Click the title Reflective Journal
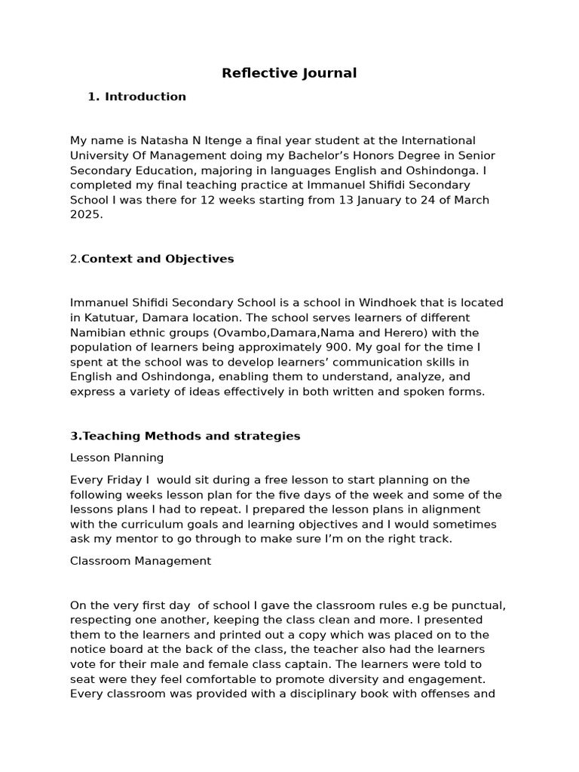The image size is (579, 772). point(289,73)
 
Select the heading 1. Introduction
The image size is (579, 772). point(136,96)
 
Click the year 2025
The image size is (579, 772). point(84,214)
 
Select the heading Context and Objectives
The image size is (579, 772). point(158,259)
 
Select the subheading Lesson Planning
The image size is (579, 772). point(117,458)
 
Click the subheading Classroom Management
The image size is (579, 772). point(140,561)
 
